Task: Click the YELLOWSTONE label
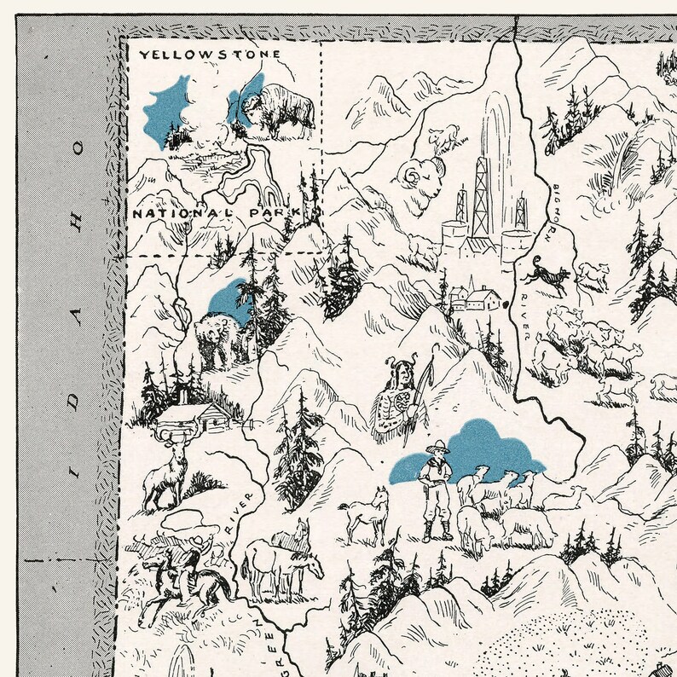point(210,54)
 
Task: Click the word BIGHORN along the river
point(541,209)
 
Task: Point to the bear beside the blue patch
point(218,338)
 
